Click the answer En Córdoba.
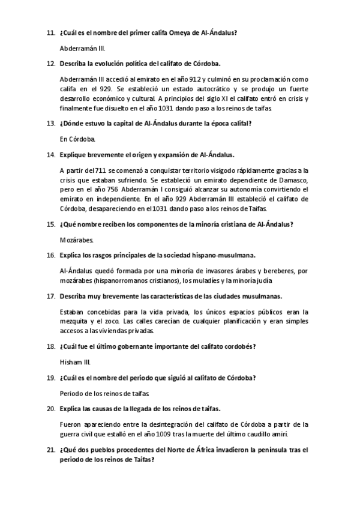[74, 139]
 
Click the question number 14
[50, 154]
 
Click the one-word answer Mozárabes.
[76, 239]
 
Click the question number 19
[50, 378]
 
